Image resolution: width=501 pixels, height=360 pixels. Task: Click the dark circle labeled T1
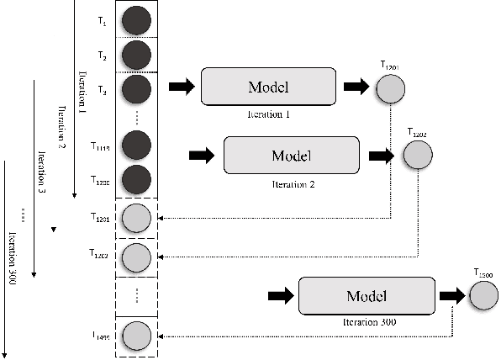(136, 19)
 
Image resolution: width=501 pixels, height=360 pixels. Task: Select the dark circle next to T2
(136, 56)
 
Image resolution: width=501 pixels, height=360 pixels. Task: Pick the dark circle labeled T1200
(136, 179)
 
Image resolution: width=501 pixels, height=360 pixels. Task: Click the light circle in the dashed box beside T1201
(136, 218)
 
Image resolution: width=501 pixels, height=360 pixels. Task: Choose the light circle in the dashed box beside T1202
(136, 256)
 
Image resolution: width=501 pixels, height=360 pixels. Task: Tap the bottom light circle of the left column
(136, 336)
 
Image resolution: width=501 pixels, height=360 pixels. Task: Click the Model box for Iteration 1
(268, 87)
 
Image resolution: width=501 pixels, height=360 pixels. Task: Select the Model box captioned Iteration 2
(292, 155)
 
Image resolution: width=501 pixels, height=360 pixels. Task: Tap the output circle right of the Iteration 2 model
(418, 154)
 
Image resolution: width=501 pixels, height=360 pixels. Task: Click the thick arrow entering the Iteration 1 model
(181, 87)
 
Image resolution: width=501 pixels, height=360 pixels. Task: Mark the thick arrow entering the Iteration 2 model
(203, 155)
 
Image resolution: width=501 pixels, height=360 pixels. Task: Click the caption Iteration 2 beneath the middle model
(292, 181)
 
